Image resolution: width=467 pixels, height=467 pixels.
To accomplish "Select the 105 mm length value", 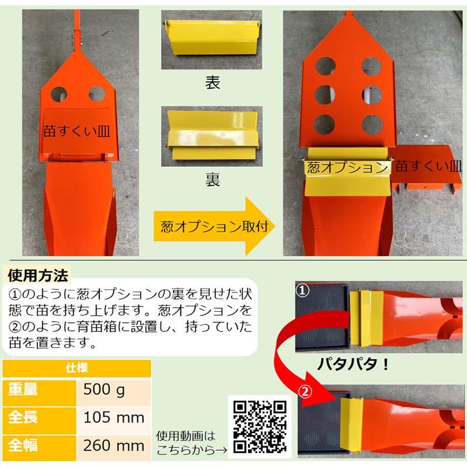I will (x=113, y=418).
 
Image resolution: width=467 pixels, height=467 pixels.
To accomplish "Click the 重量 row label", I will (x=24, y=390).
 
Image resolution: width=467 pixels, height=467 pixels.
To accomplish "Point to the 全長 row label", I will (x=24, y=418).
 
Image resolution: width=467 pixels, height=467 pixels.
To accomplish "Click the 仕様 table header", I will (x=76, y=368).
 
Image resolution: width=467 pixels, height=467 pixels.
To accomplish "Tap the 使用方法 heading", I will (x=37, y=273).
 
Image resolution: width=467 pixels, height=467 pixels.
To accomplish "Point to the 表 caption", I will (x=212, y=82).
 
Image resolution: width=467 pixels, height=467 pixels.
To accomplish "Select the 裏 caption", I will (x=212, y=179).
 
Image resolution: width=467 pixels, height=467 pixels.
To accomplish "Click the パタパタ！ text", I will (x=353, y=365).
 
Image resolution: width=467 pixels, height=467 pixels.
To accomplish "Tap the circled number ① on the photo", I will (x=302, y=289).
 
